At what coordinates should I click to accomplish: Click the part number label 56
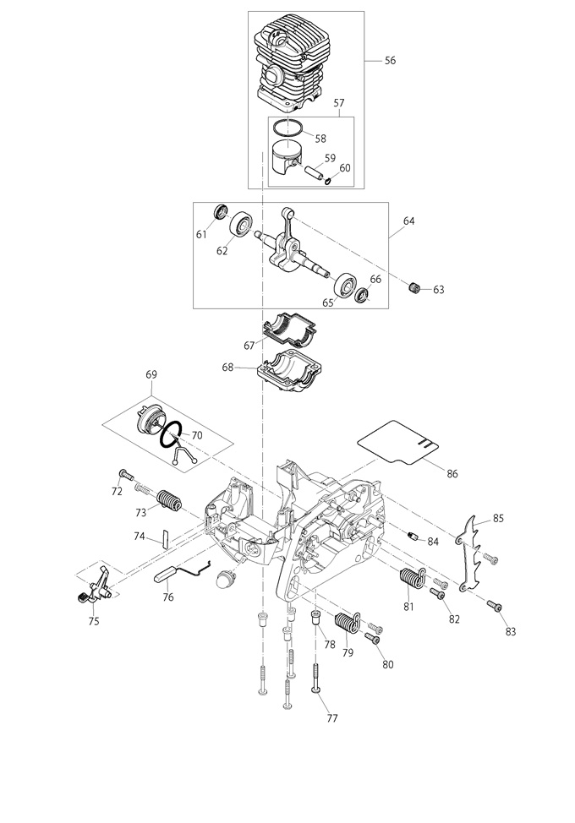pos(390,60)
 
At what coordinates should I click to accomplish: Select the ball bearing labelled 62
pos(242,226)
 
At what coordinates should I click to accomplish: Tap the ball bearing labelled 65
pos(345,285)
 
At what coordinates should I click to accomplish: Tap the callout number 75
pos(94,621)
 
